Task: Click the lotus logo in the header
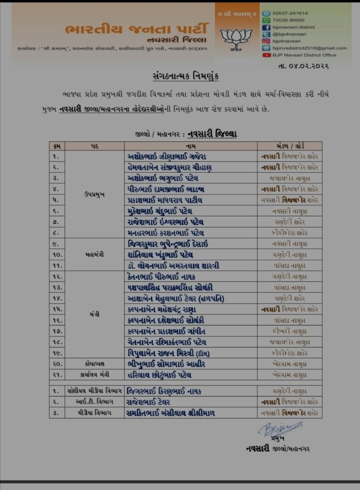[236, 37]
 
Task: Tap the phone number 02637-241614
[291, 13]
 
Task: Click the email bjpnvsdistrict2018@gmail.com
[310, 48]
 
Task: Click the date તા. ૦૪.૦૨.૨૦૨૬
[309, 66]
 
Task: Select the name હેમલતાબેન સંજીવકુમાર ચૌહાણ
[169, 167]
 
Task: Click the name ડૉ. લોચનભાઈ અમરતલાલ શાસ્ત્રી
[173, 266]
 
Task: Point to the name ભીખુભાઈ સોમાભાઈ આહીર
[166, 364]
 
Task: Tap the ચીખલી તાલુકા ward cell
[289, 331]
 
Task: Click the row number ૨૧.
[56, 375]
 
